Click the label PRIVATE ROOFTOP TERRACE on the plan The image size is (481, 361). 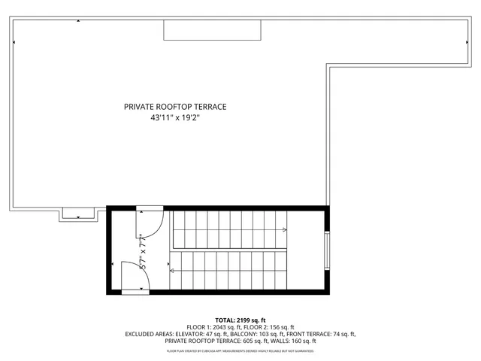click(x=175, y=107)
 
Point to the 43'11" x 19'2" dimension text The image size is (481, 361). click(x=175, y=117)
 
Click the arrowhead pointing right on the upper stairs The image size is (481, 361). click(x=284, y=229)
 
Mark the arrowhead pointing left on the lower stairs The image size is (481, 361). click(x=173, y=270)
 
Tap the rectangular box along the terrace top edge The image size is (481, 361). click(x=213, y=29)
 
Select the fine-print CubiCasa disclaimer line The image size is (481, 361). click(x=240, y=350)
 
